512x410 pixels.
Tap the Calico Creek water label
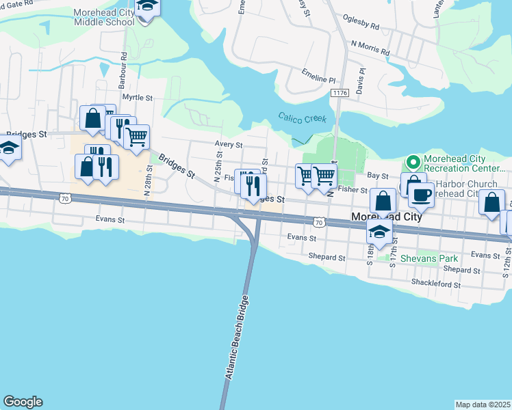[x=302, y=118]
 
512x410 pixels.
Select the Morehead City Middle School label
[x=106, y=16]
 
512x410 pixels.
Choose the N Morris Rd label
[x=370, y=47]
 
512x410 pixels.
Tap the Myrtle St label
[x=137, y=98]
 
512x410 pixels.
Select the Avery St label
[x=229, y=145]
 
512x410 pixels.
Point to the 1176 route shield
[x=340, y=92]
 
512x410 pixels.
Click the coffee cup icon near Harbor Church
[x=421, y=194]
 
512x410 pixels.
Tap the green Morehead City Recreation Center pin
[x=413, y=163]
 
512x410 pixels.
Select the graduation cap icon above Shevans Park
[x=379, y=231]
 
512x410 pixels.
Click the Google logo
[x=23, y=402]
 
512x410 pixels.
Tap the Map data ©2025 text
[x=483, y=405]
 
